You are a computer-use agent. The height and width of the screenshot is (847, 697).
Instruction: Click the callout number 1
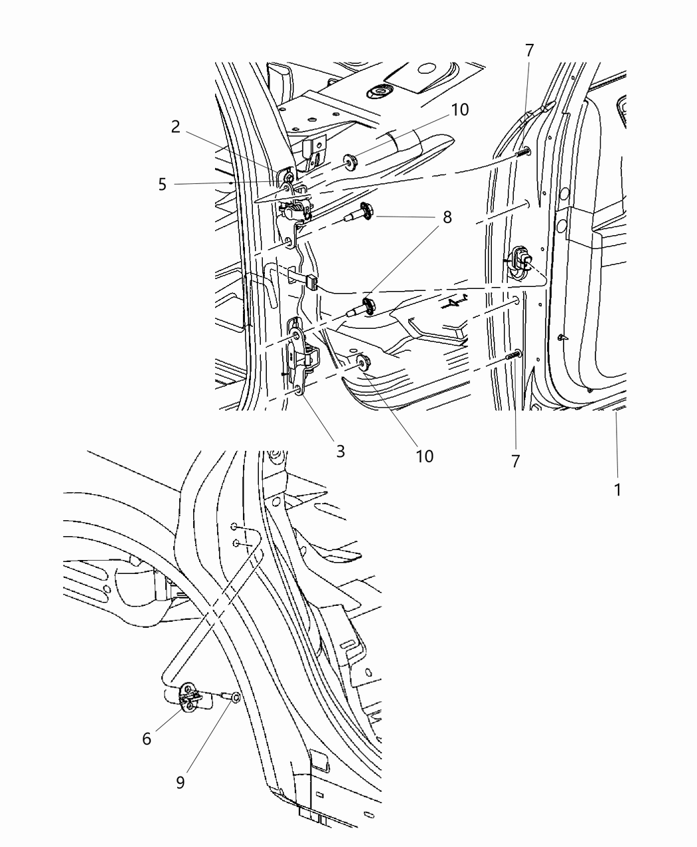(x=617, y=490)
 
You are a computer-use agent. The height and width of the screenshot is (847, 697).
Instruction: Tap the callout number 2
(x=175, y=127)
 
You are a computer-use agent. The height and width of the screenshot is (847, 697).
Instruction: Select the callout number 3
(x=341, y=452)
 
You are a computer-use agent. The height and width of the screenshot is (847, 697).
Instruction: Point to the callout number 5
(x=163, y=184)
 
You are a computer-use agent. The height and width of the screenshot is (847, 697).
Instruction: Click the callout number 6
(x=147, y=738)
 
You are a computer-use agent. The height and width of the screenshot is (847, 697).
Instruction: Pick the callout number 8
(x=447, y=217)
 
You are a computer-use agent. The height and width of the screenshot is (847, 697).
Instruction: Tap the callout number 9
(x=181, y=783)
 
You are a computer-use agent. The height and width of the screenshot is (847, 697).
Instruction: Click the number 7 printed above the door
(x=529, y=50)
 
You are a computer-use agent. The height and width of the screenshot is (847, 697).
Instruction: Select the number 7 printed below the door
(x=516, y=460)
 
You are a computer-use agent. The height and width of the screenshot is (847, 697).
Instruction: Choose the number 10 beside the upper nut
(x=460, y=110)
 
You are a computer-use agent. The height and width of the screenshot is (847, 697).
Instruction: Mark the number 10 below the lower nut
(x=424, y=456)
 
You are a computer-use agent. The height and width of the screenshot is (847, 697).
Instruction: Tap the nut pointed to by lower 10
(x=362, y=362)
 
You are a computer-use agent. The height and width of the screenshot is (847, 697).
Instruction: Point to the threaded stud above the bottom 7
(x=513, y=356)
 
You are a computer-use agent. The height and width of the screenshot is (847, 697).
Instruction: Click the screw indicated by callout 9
(x=232, y=698)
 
